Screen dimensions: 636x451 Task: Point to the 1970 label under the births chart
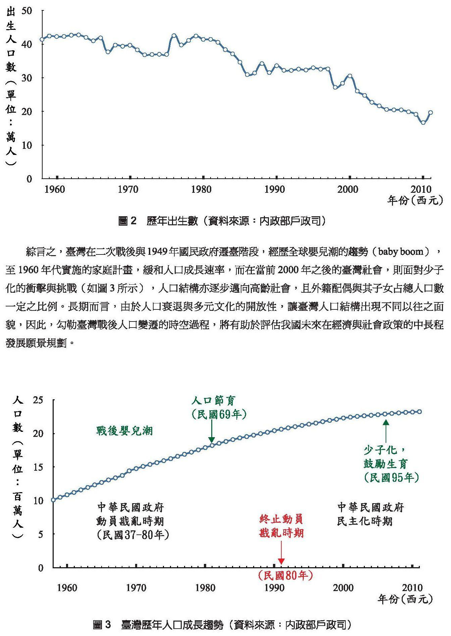pyautogui.click(x=128, y=190)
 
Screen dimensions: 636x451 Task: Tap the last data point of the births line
pyautogui.click(x=431, y=113)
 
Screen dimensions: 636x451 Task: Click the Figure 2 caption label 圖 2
pyautogui.click(x=128, y=221)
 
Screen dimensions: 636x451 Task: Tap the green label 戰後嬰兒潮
pyautogui.click(x=124, y=431)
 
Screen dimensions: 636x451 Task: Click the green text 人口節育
pyautogui.click(x=214, y=401)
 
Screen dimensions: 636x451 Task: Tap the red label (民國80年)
pyautogui.click(x=285, y=576)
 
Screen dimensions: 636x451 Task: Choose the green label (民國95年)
pyautogui.click(x=391, y=477)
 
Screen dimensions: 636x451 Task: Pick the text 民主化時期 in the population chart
pyautogui.click(x=365, y=521)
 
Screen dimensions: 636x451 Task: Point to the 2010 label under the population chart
pyautogui.click(x=412, y=588)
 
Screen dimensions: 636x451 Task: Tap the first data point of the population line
pyautogui.click(x=53, y=500)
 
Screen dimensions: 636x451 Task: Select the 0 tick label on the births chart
pyautogui.click(x=29, y=179)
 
